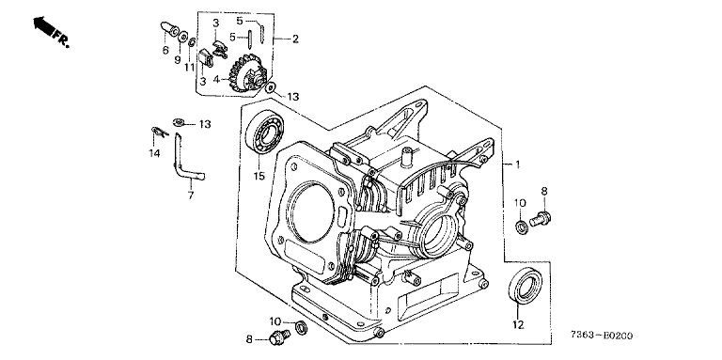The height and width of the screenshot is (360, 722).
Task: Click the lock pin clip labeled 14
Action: coord(159,132)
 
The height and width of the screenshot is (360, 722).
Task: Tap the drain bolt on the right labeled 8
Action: coord(541,218)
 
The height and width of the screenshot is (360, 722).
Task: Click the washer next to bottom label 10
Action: coord(302,327)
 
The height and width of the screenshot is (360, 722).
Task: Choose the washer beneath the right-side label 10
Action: coord(522,227)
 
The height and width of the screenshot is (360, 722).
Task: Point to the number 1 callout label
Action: coord(518,164)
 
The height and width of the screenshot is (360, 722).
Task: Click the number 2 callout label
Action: coord(295,39)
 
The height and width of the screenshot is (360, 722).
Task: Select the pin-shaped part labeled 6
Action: coord(169,27)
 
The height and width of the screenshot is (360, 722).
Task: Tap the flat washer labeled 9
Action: coord(182,36)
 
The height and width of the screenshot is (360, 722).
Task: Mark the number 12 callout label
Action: coord(518,325)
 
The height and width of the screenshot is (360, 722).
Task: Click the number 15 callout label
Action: coord(259,176)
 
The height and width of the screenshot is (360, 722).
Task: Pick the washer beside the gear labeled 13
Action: coord(271,86)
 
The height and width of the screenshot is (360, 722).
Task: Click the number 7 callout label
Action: coord(191,196)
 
